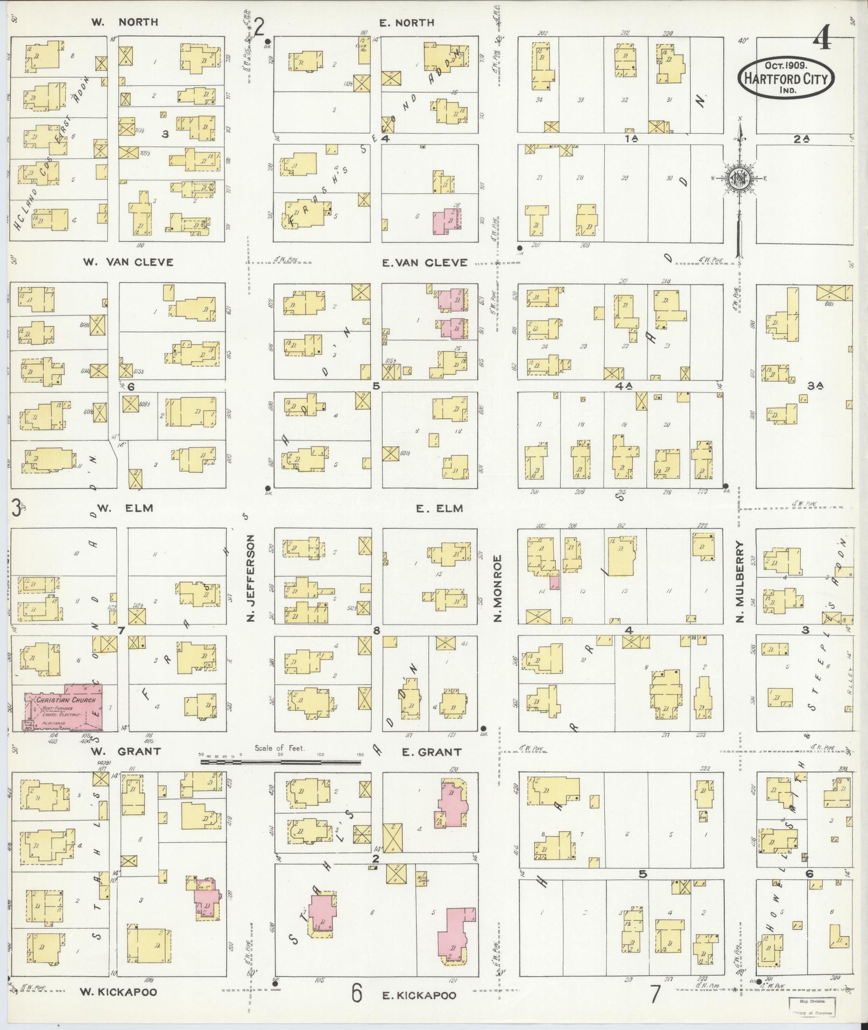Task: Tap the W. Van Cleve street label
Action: (x=128, y=262)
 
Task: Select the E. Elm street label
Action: (x=439, y=508)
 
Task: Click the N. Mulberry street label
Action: (x=741, y=581)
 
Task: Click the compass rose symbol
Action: (x=738, y=179)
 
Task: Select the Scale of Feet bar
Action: (x=281, y=762)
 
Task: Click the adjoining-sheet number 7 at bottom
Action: (x=654, y=994)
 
